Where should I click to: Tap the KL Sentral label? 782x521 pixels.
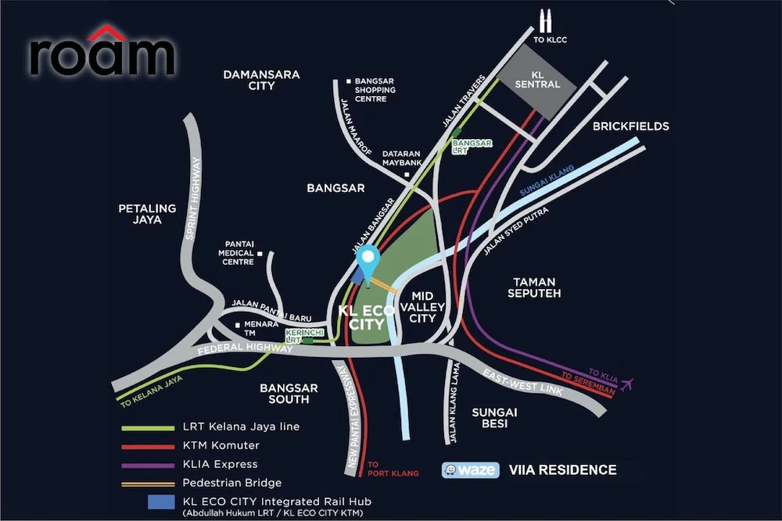pyautogui.click(x=537, y=80)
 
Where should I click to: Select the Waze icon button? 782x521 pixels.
pyautogui.click(x=470, y=469)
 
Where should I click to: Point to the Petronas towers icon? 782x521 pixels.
pyautogui.click(x=545, y=21)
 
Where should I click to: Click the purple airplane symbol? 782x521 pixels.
pyautogui.click(x=626, y=384)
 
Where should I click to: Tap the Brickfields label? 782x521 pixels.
pyautogui.click(x=631, y=126)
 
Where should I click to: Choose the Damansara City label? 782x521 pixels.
pyautogui.click(x=261, y=80)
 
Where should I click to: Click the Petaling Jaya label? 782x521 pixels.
pyautogui.click(x=147, y=214)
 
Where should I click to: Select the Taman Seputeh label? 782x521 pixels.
pyautogui.click(x=534, y=287)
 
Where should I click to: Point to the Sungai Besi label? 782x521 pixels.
pyautogui.click(x=494, y=417)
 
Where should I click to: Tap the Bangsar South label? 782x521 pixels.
pyautogui.click(x=289, y=394)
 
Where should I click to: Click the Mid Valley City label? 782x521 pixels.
pyautogui.click(x=422, y=307)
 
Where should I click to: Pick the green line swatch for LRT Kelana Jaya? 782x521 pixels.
pyautogui.click(x=148, y=427)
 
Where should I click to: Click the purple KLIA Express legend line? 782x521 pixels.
pyautogui.click(x=148, y=466)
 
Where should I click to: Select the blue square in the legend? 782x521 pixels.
pyautogui.click(x=161, y=501)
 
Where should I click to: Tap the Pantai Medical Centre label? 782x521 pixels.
pyautogui.click(x=238, y=252)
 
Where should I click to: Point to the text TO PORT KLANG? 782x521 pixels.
pyautogui.click(x=393, y=469)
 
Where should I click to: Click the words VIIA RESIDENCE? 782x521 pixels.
pyautogui.click(x=562, y=469)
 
